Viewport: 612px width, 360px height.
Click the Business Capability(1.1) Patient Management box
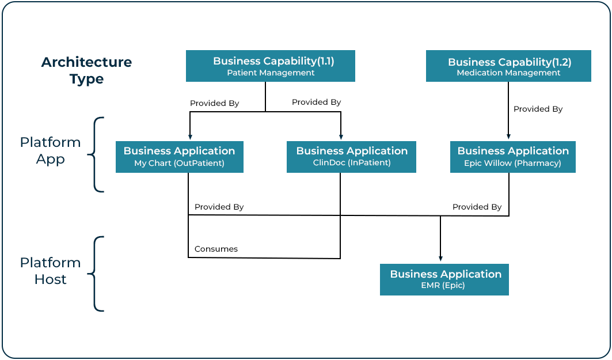271,66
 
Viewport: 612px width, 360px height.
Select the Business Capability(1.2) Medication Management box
508,66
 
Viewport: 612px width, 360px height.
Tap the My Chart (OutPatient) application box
180,157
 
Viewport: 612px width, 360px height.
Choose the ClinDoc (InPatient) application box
351,157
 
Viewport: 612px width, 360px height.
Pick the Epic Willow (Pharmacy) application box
513,157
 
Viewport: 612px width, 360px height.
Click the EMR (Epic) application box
444,279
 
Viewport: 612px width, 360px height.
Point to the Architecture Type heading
87,70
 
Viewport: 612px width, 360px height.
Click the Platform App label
50,151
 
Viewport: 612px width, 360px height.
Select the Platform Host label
50,271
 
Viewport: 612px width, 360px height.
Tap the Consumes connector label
216,249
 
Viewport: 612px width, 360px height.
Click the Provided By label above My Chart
214,103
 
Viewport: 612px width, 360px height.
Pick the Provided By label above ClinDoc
316,102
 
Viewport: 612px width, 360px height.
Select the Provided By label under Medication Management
538,109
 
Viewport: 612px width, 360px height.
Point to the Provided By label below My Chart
219,207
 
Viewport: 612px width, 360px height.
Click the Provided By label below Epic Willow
477,207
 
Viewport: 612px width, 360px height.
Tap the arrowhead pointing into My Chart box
190,137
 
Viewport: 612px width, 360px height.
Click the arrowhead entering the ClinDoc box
341,137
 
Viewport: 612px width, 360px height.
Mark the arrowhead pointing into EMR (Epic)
440,259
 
